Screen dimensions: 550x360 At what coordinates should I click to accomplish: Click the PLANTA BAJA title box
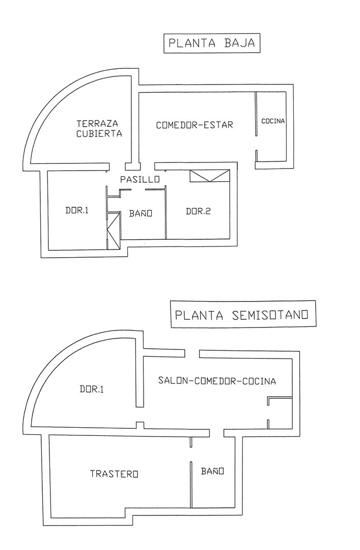pos(211,43)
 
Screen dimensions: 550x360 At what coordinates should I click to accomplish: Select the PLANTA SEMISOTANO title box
pos(242,315)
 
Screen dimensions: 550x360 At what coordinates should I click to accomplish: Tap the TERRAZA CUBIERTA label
pos(99,128)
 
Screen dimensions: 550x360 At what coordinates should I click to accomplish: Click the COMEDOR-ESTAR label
pos(194,125)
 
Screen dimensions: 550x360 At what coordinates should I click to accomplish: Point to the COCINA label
pos(273,121)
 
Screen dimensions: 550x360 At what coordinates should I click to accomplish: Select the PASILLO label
pos(140,179)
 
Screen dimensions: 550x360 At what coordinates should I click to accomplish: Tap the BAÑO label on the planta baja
pos(141,214)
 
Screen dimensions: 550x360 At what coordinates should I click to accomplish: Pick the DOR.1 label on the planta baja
pos(77,210)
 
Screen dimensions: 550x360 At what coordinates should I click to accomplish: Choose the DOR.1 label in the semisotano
pos(91,390)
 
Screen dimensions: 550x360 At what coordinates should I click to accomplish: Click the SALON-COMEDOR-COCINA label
pos(216,381)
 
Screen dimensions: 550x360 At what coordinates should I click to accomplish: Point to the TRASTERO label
pos(114,474)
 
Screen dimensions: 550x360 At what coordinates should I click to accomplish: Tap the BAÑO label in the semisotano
pos(212,472)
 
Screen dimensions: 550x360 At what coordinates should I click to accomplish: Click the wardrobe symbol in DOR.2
pos(210,176)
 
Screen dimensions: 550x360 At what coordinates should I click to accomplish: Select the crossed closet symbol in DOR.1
pos(113,230)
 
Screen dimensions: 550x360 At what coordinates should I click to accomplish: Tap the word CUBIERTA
pos(99,134)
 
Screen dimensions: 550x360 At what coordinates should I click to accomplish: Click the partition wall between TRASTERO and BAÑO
pos(190,484)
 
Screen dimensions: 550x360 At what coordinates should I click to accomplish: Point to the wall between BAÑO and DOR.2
pos(166,213)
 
